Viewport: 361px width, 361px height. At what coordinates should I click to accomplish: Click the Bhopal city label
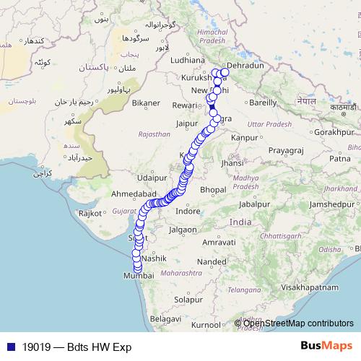(213, 189)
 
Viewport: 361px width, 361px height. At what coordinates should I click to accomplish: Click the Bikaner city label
(145, 103)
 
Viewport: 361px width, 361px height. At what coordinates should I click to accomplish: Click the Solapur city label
(188, 299)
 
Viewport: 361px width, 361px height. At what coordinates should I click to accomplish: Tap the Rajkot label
(92, 214)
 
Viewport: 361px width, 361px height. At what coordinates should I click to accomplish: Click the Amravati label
(218, 243)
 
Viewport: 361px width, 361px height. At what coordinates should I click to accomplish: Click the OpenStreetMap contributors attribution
(298, 323)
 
